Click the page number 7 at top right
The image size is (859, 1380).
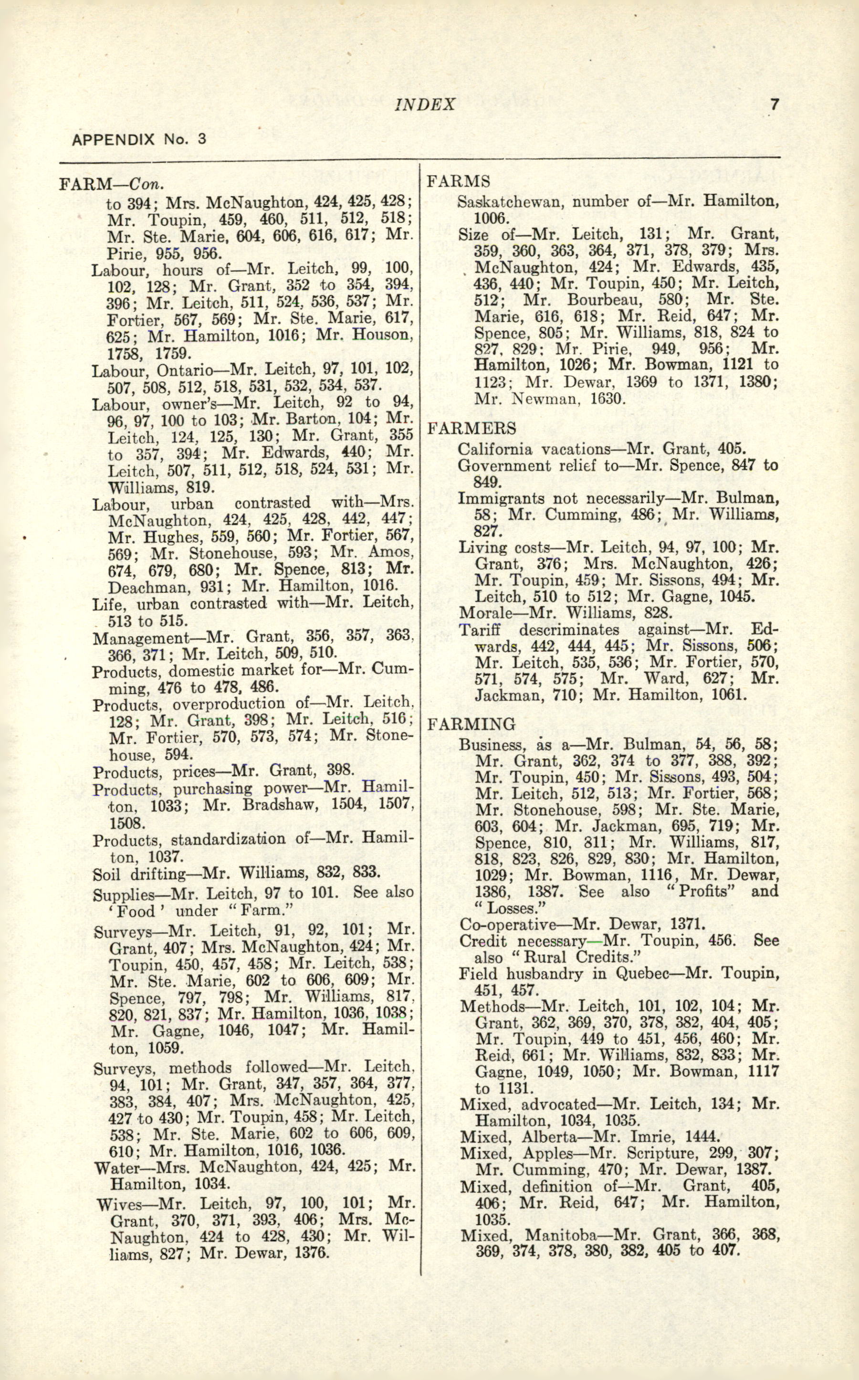tap(773, 105)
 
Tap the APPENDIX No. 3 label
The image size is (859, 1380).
tap(138, 139)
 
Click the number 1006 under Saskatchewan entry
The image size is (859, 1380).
tap(492, 218)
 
